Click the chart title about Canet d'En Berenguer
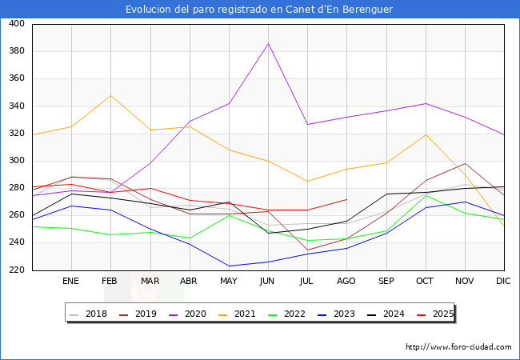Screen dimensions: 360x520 259,9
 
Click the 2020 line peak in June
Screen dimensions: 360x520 268,43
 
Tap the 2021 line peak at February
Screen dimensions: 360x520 110,95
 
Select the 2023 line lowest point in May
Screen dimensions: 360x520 229,266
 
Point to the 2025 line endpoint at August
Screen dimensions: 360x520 346,199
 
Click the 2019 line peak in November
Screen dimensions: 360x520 465,164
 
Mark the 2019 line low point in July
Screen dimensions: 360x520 307,250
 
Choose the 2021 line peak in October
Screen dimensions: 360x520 426,134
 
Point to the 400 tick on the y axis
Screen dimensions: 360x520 16,24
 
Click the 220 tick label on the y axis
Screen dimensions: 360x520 16,270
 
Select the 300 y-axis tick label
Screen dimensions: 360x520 16,161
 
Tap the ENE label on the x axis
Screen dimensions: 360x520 71,282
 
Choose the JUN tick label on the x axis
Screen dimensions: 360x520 268,282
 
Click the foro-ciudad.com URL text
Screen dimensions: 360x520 458,347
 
